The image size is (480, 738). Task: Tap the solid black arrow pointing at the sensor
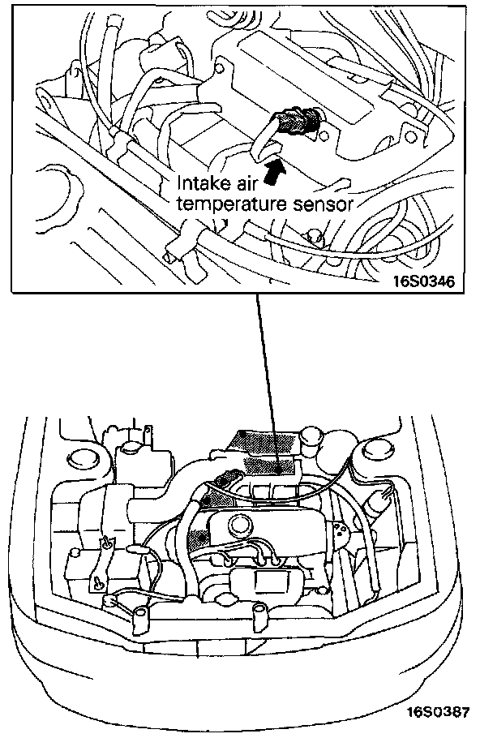coord(273,171)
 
